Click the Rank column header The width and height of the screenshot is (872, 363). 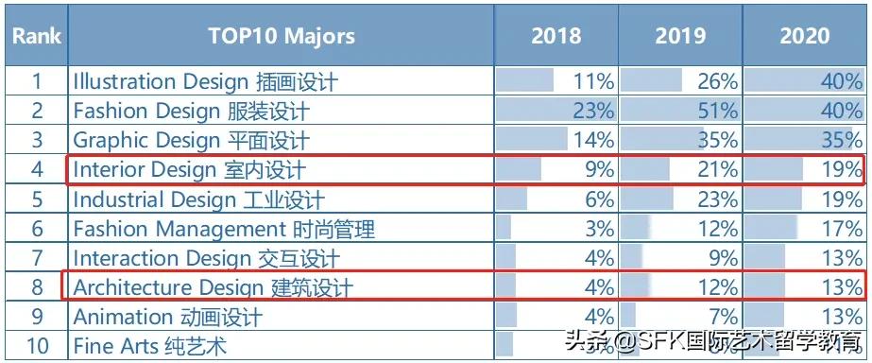tap(36, 36)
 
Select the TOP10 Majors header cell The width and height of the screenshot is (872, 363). tap(282, 36)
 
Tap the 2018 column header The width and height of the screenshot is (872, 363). tap(556, 36)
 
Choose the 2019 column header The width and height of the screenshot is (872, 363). tap(680, 36)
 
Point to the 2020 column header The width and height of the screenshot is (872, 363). tap(805, 36)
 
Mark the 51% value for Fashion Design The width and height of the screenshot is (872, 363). tap(717, 112)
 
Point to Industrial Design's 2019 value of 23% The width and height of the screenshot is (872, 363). tap(717, 199)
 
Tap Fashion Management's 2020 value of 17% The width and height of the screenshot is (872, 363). tap(842, 229)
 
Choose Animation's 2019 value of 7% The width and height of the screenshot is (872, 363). tap(723, 317)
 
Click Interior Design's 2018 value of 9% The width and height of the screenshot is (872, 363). tap(599, 170)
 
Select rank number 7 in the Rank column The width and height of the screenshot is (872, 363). tap(37, 258)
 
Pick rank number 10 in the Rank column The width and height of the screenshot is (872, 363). tap(37, 346)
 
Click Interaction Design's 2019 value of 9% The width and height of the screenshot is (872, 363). tap(723, 258)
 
